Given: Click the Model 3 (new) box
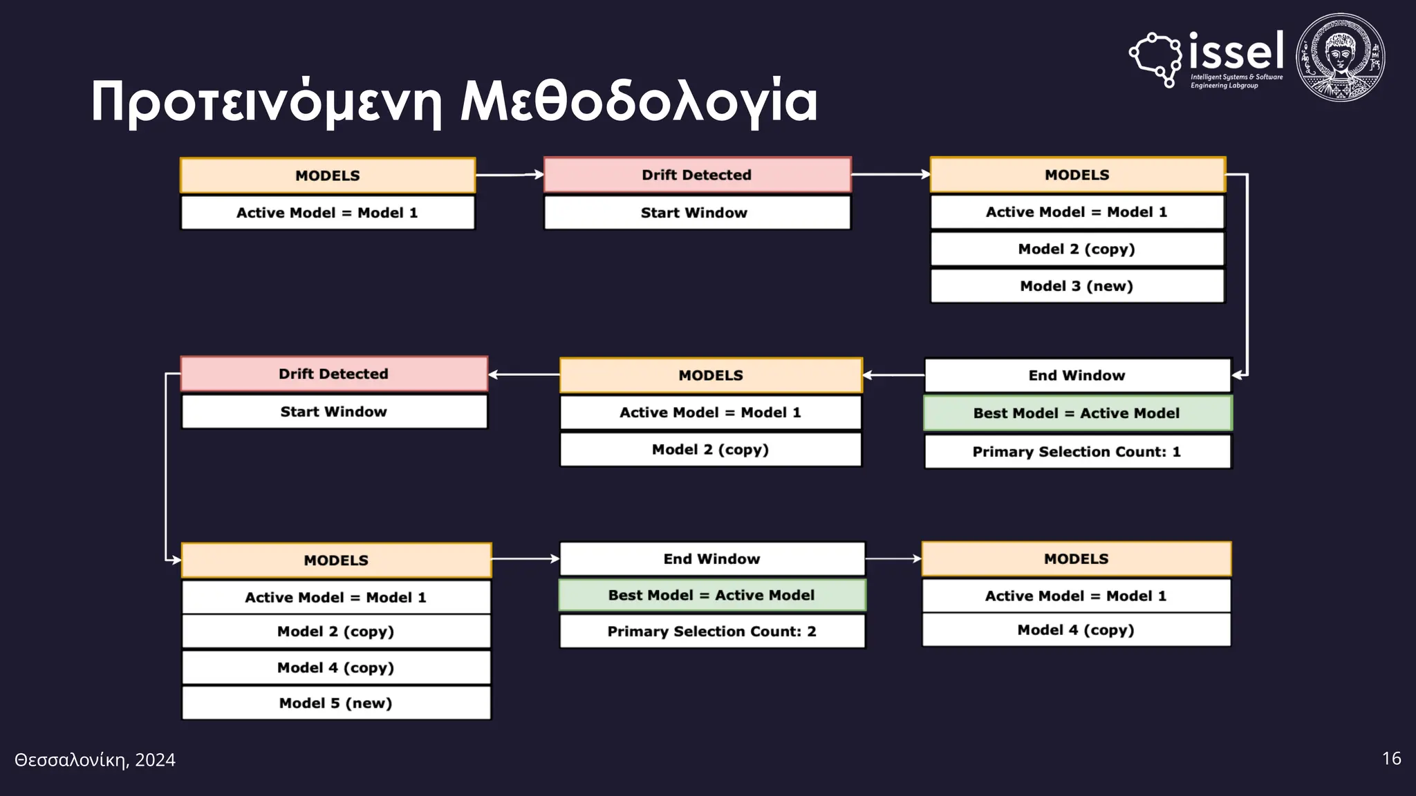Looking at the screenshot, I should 1077,286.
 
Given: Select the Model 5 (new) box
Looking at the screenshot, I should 336,703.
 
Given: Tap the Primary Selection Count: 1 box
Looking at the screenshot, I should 1077,452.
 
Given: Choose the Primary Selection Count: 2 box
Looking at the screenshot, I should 711,632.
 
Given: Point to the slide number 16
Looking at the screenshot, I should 1391,759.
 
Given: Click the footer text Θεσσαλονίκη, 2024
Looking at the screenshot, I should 95,760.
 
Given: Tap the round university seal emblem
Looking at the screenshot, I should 1340,58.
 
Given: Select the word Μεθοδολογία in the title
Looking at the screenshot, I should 639,102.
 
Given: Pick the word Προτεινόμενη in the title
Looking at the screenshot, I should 267,102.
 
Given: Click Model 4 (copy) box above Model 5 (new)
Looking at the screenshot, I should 336,667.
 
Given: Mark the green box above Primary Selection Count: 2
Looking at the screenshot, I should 711,595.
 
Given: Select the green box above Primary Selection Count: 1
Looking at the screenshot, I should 1077,413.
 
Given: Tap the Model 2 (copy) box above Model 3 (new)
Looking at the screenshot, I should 1077,249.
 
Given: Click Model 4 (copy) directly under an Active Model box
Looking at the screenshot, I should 1076,630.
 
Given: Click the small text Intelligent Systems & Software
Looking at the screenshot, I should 1236,77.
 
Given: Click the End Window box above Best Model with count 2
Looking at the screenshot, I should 711,559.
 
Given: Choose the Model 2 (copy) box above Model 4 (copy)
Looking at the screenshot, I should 336,632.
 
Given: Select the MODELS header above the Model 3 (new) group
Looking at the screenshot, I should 1077,175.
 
